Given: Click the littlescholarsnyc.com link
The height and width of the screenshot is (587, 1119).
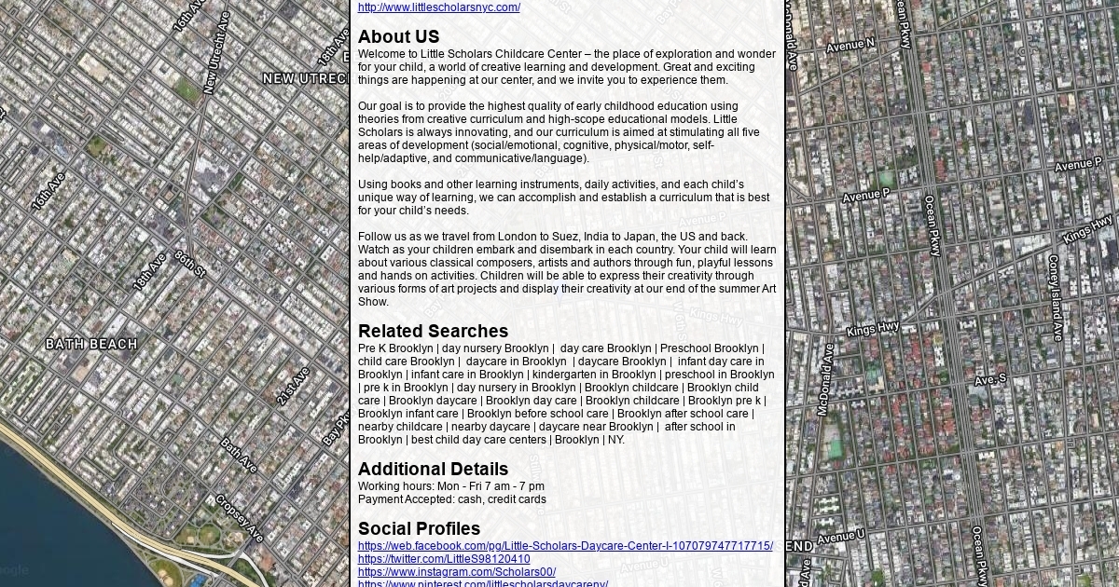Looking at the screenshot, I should [x=439, y=7].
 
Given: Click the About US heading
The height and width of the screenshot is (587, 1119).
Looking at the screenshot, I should [x=398, y=37].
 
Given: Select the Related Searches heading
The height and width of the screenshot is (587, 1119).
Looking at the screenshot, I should [x=433, y=332].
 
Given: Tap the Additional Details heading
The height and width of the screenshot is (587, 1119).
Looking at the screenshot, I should [x=433, y=470].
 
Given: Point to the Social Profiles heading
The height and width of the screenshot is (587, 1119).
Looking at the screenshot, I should [x=419, y=529].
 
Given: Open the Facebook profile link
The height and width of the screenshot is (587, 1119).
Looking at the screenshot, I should [x=565, y=546].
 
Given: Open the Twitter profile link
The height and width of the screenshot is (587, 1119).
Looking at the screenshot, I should [x=444, y=559].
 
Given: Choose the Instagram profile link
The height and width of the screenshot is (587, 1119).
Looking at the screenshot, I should [x=457, y=572].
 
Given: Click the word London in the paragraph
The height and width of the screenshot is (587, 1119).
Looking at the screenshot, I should [x=516, y=237].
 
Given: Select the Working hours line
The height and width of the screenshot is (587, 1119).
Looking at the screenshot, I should [x=451, y=486].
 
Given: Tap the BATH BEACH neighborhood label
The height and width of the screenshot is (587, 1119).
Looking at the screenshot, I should [x=91, y=345].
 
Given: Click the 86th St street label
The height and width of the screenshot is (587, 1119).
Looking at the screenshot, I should [x=189, y=264].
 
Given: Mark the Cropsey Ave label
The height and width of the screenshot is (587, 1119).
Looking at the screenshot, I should [x=239, y=518].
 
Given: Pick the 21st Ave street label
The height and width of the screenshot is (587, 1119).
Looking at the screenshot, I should [x=293, y=386].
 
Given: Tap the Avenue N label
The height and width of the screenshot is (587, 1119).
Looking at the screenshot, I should [x=850, y=44].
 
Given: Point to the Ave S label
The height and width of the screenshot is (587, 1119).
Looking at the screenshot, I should [x=990, y=380].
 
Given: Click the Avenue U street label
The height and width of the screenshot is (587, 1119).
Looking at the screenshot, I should [x=840, y=538].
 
